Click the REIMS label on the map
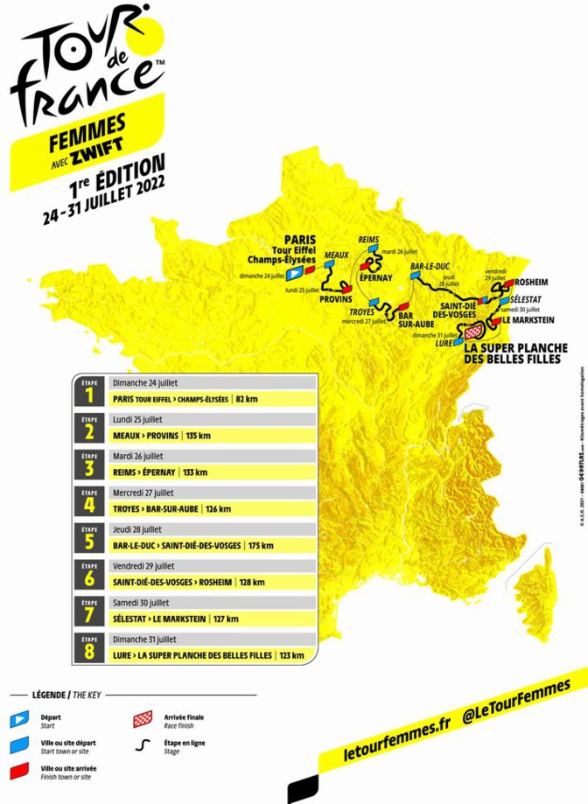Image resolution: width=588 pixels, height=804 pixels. click(x=371, y=239)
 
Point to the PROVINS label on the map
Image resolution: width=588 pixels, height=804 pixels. click(x=335, y=299)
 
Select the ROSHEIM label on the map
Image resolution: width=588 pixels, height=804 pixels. click(x=533, y=283)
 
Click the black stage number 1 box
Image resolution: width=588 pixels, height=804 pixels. click(x=89, y=394)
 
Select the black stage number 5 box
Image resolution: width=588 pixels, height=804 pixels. click(x=89, y=541)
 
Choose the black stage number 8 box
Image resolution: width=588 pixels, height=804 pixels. click(x=89, y=650)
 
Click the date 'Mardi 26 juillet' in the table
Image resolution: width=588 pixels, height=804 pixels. click(x=138, y=457)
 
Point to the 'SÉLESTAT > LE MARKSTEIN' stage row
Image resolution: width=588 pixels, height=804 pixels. click(x=159, y=619)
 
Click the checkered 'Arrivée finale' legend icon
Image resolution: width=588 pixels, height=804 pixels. click(x=142, y=720)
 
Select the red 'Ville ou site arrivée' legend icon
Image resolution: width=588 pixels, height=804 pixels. click(x=19, y=771)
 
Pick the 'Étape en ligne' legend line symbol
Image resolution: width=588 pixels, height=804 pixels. click(x=141, y=745)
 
